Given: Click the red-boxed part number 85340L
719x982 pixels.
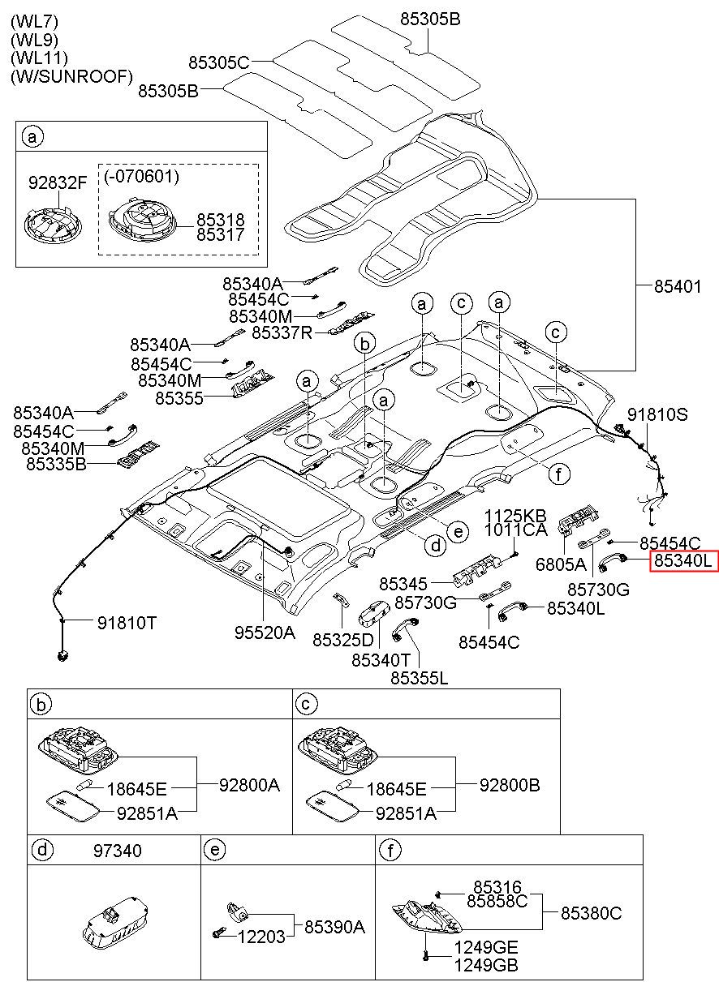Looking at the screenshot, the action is tap(684, 560).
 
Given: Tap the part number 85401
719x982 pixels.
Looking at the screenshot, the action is tap(678, 286).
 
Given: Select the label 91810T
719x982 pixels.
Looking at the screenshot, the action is tap(127, 623).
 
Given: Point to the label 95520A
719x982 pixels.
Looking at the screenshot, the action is tap(265, 633).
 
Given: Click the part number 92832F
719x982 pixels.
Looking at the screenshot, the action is tap(58, 182).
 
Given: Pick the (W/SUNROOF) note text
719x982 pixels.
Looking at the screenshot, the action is tap(71, 76).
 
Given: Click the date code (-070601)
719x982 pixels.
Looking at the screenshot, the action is tap(142, 176).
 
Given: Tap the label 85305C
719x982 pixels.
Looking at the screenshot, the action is tap(219, 62).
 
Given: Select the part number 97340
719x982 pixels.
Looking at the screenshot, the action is tap(118, 851).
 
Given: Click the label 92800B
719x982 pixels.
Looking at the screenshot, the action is tap(510, 785).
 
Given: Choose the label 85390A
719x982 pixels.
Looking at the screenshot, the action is tap(334, 927).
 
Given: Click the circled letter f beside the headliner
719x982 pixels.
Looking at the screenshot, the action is tap(559, 474).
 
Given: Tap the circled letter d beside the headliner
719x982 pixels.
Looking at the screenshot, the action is tap(436, 546).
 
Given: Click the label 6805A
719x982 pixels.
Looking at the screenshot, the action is tap(561, 564).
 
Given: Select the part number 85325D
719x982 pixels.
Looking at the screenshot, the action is tap(343, 640).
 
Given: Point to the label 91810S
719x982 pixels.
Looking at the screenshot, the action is tap(657, 414).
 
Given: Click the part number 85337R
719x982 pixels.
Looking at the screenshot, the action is tap(282, 333).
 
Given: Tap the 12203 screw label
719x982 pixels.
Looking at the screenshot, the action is tap(261, 937).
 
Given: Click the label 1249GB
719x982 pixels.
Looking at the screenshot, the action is tap(486, 965).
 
